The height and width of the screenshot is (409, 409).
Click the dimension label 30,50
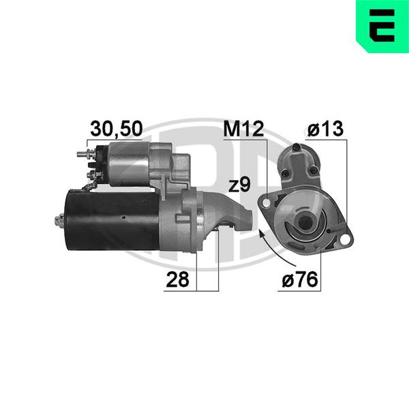point(117,128)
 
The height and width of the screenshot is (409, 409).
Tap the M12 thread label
point(243,129)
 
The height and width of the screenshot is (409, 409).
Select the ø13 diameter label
point(325,129)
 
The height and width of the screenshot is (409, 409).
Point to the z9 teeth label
point(239,185)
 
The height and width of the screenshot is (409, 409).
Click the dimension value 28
point(177,279)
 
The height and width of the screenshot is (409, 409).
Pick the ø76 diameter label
point(300,279)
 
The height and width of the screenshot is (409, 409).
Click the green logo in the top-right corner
point(382,26)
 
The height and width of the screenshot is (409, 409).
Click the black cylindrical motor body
point(112,220)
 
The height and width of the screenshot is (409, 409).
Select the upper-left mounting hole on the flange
point(266,203)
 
